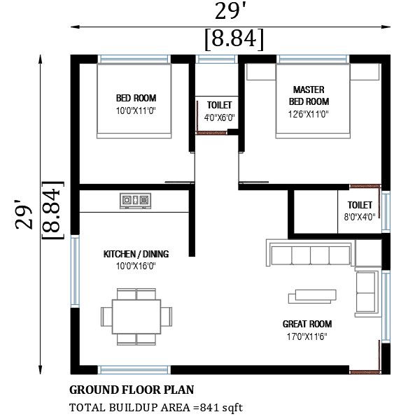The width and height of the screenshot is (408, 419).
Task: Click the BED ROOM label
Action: (x=136, y=98)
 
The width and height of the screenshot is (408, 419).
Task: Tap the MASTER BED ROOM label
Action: (x=309, y=95)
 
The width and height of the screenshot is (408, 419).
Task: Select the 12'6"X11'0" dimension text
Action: (x=308, y=114)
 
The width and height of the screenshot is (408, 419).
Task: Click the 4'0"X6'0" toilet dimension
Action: (x=219, y=118)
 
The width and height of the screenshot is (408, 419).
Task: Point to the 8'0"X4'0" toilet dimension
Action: (x=360, y=217)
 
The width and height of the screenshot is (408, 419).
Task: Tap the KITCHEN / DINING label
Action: (x=136, y=254)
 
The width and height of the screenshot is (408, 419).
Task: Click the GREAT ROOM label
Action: (x=307, y=324)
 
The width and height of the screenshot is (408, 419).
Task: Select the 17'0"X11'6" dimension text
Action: (x=307, y=336)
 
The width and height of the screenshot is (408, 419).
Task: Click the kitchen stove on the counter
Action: (x=135, y=201)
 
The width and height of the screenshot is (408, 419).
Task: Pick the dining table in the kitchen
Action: (x=136, y=317)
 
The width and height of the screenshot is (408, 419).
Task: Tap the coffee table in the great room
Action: (x=312, y=297)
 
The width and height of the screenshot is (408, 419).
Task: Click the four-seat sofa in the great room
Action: (x=311, y=253)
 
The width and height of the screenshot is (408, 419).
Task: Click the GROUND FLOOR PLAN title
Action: (x=132, y=390)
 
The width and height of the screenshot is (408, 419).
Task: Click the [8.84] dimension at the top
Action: (x=234, y=39)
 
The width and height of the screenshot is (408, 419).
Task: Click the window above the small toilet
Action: (x=217, y=59)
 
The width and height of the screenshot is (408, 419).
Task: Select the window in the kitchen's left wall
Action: (x=75, y=271)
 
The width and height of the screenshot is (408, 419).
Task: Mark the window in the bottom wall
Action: (x=134, y=370)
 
